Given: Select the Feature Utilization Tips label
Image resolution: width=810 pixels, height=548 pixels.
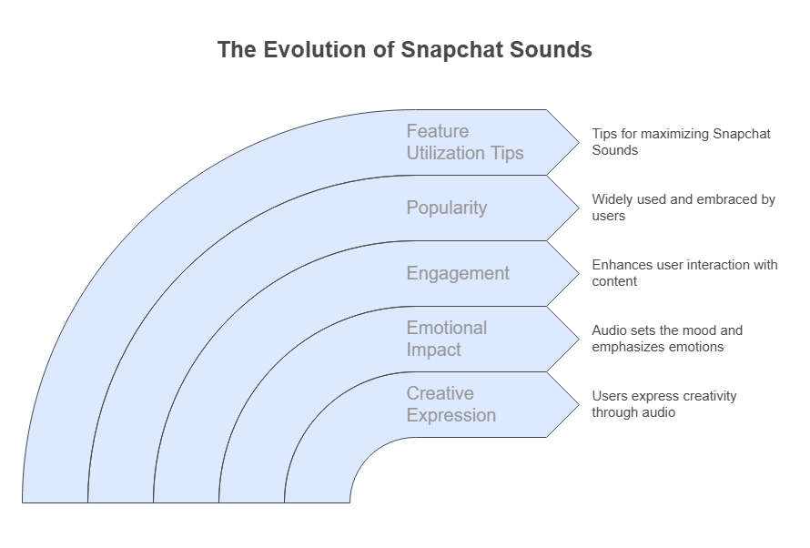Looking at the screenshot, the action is pos(465,142).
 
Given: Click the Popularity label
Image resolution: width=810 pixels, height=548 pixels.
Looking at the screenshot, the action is pos(446,208).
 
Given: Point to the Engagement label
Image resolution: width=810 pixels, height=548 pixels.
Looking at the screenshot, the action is pos(458,273).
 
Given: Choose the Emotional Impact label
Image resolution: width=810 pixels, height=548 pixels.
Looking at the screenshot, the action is pos(446,339).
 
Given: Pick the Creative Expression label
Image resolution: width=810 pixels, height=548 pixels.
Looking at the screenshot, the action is pos(451,404).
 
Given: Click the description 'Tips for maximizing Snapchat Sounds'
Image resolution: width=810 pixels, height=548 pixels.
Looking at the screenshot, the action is pos(681,142).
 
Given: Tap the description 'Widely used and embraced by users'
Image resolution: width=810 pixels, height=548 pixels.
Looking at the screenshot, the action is pos(683,208).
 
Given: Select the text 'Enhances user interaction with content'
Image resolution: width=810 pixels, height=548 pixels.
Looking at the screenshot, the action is pos(684,273).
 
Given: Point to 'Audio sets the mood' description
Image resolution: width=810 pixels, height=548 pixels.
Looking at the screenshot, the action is pos(667,339).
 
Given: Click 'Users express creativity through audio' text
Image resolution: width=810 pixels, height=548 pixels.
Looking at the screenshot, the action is pos(664,404).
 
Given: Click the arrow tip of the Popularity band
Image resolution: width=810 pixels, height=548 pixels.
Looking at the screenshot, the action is pos(579,208).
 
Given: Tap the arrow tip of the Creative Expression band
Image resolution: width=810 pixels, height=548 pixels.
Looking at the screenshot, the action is pos(579,404).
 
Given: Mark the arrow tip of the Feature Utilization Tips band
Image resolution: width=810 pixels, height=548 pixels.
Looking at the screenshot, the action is pos(579,143).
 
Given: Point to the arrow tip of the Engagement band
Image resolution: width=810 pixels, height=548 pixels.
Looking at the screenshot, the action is pos(579,274).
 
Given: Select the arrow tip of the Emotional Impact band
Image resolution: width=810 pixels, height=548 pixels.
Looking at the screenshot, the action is pos(579,339).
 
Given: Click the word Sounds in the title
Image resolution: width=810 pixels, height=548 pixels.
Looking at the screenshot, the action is pos(551,49).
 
